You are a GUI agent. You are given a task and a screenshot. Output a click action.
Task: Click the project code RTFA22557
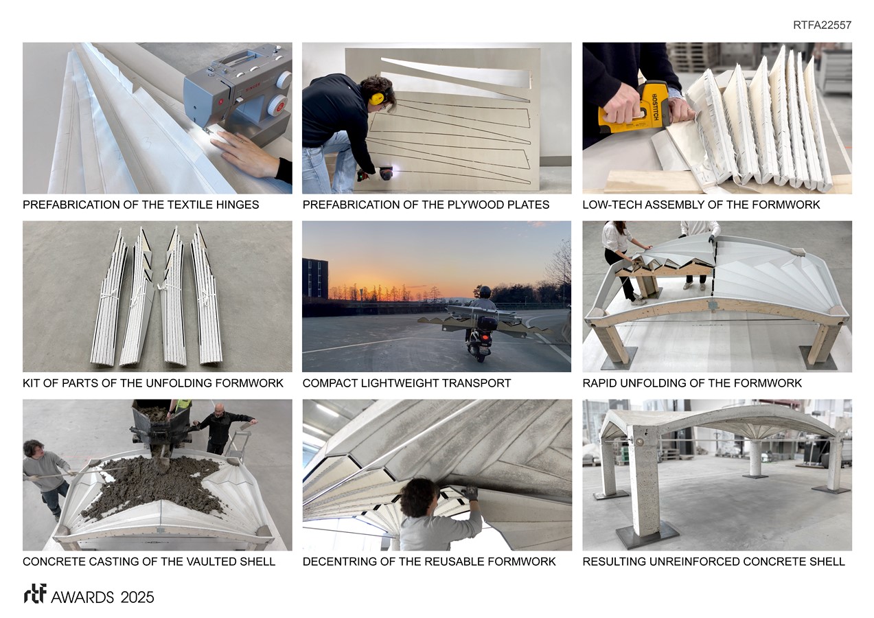822,25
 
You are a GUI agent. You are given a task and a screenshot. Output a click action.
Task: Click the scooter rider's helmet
485,292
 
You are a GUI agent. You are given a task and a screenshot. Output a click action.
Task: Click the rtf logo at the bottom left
35,594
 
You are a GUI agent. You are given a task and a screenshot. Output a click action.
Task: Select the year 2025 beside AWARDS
137,597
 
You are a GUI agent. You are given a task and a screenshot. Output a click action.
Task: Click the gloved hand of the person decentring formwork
471,493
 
